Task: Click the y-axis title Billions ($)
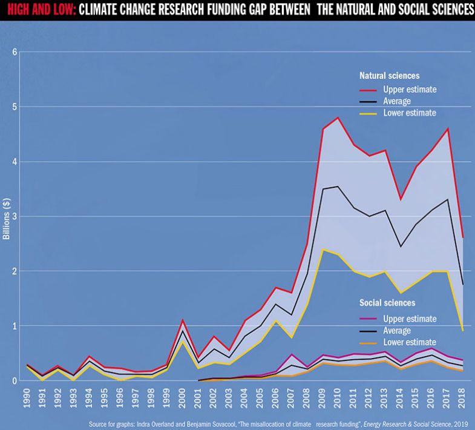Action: (x=7, y=217)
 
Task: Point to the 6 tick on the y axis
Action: (x=13, y=52)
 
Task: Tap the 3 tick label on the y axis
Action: (x=13, y=216)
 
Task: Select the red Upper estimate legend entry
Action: (x=410, y=89)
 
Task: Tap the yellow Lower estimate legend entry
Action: (x=410, y=113)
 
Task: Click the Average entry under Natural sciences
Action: (x=396, y=101)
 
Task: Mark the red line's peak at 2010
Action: (x=338, y=117)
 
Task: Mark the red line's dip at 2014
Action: (x=400, y=199)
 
